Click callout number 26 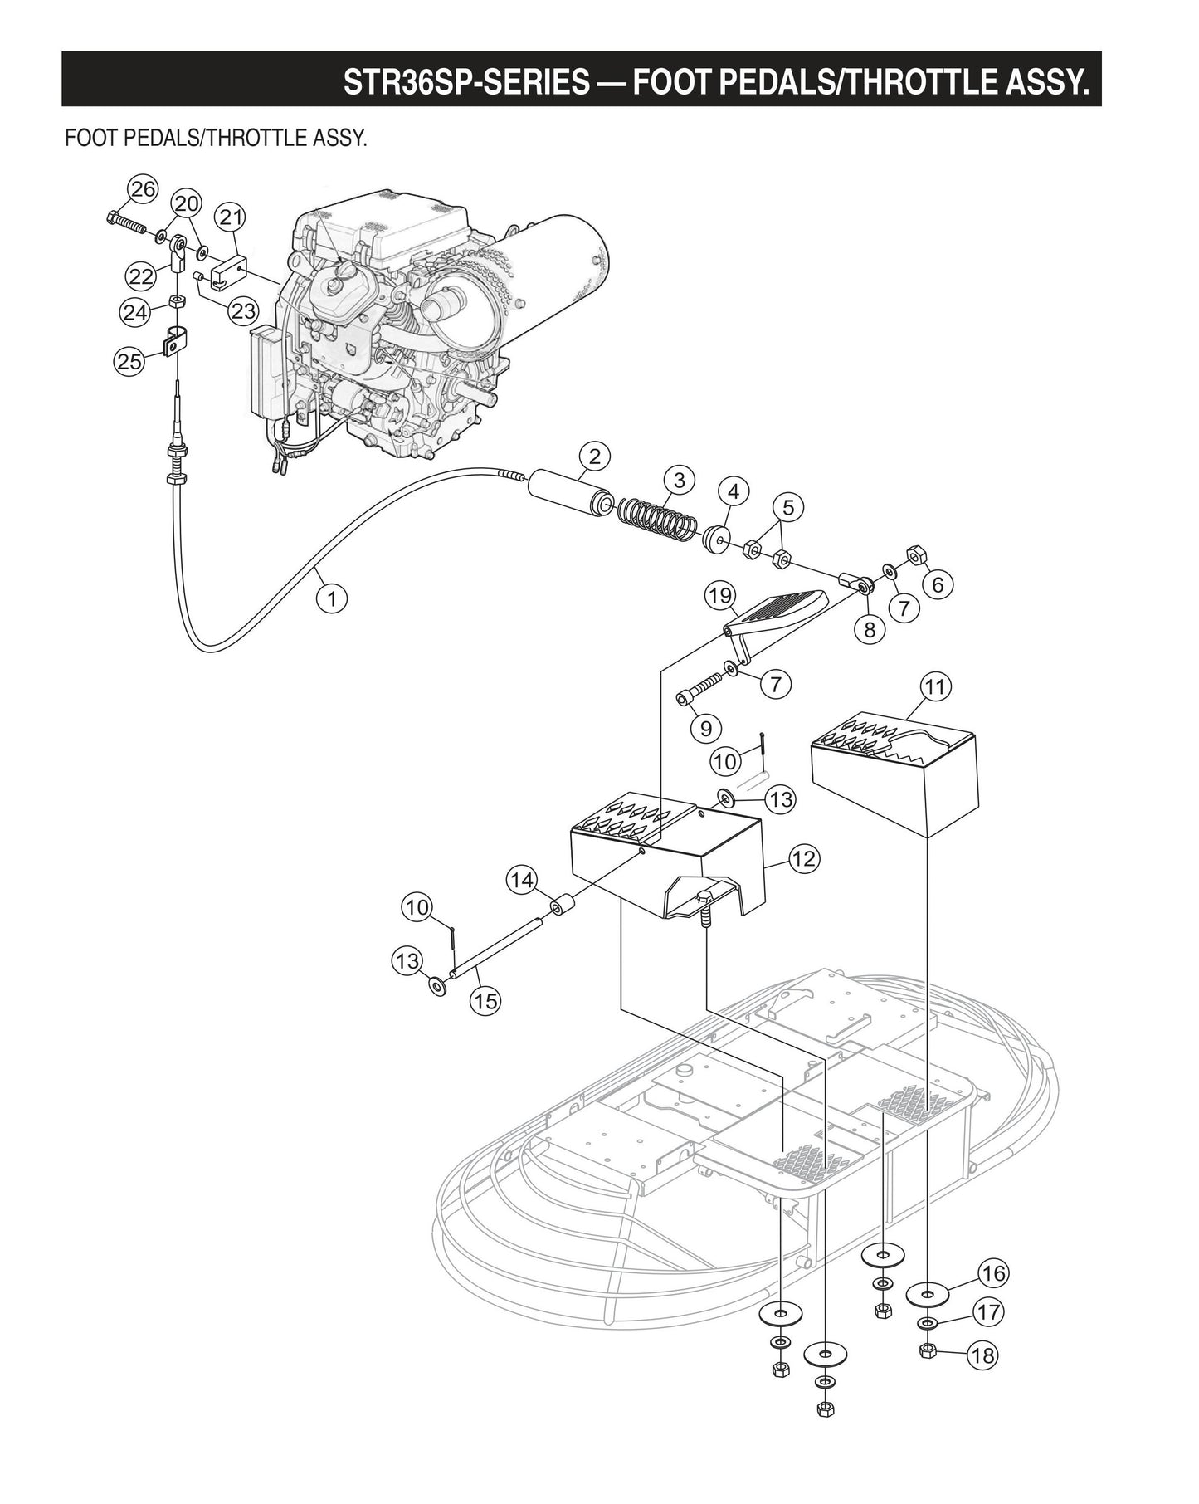click(x=143, y=189)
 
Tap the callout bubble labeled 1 click(x=331, y=598)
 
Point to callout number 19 click(x=720, y=595)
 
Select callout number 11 click(x=935, y=687)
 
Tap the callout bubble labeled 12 click(x=803, y=858)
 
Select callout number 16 click(x=992, y=1272)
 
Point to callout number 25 click(x=129, y=361)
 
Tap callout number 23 click(x=242, y=311)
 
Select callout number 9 click(x=705, y=728)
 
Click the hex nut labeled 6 click(x=917, y=554)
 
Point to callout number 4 click(x=733, y=491)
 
